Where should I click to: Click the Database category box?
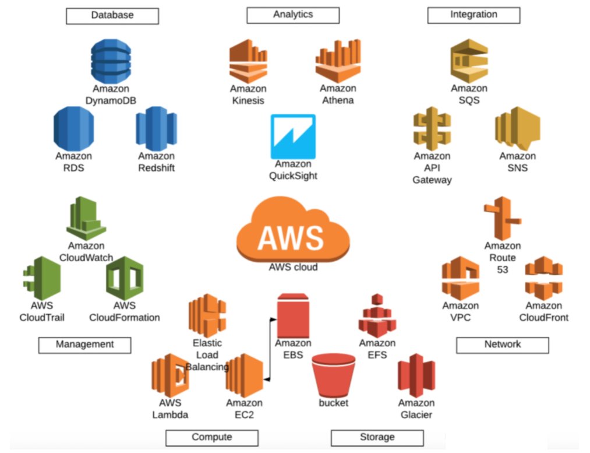[x=112, y=16]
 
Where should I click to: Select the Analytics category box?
[x=293, y=15]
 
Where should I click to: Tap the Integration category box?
[x=474, y=15]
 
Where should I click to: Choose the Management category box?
[x=84, y=345]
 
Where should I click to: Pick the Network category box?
[x=503, y=345]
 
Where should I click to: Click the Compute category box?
[x=212, y=438]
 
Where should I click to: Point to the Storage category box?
[x=377, y=438]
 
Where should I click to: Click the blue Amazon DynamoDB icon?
[x=111, y=61]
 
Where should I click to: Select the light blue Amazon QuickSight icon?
[x=293, y=136]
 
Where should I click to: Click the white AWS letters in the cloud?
[x=291, y=238]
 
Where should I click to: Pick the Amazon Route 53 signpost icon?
[x=502, y=219]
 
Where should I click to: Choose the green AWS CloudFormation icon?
[x=125, y=278]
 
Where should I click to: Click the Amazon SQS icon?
[x=469, y=61]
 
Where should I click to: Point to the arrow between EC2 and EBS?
[x=270, y=349]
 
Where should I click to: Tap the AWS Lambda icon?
[x=170, y=375]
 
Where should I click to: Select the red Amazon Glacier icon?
[x=416, y=375]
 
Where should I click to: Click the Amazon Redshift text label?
[x=156, y=162]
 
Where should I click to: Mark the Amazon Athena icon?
[x=338, y=61]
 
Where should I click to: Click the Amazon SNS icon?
[x=518, y=128]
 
